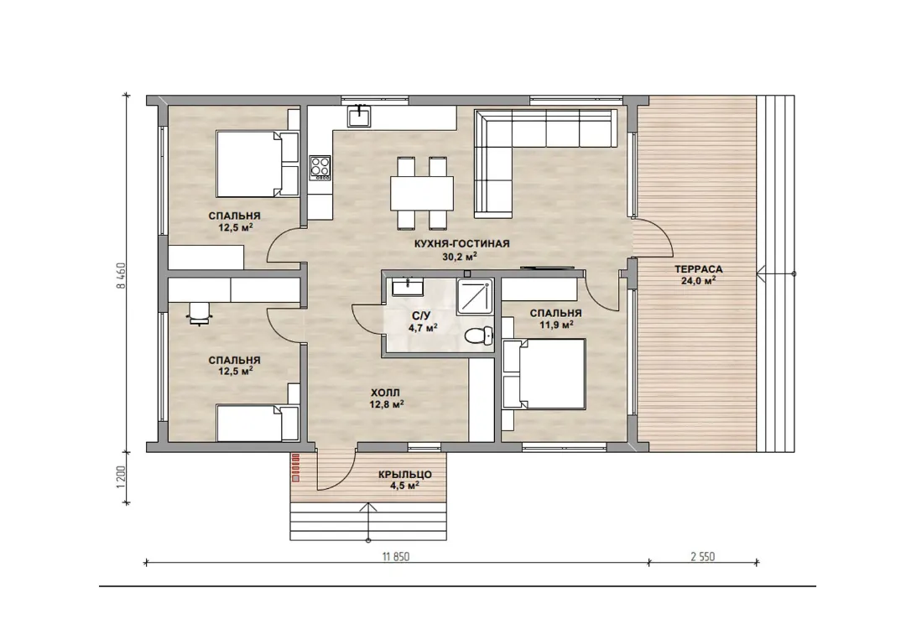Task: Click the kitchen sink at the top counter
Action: pyautogui.click(x=359, y=116)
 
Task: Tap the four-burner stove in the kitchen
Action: pyautogui.click(x=320, y=167)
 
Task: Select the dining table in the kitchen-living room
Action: pyautogui.click(x=422, y=193)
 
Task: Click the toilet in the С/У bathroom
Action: pyautogui.click(x=479, y=335)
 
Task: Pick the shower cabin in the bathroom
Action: pyautogui.click(x=475, y=298)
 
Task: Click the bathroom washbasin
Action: pyautogui.click(x=407, y=287)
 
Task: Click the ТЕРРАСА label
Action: pyautogui.click(x=699, y=269)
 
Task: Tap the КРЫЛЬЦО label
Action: pyautogui.click(x=405, y=475)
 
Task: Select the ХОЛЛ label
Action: pyautogui.click(x=385, y=393)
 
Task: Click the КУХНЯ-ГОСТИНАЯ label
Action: pyautogui.click(x=461, y=244)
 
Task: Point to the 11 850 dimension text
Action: pyautogui.click(x=396, y=557)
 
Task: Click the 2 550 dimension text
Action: pyautogui.click(x=703, y=557)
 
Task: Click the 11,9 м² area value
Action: pyautogui.click(x=556, y=325)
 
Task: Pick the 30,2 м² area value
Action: pyautogui.click(x=460, y=257)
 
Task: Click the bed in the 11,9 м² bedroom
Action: pyautogui.click(x=544, y=374)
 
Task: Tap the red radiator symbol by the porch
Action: pyautogui.click(x=296, y=467)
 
